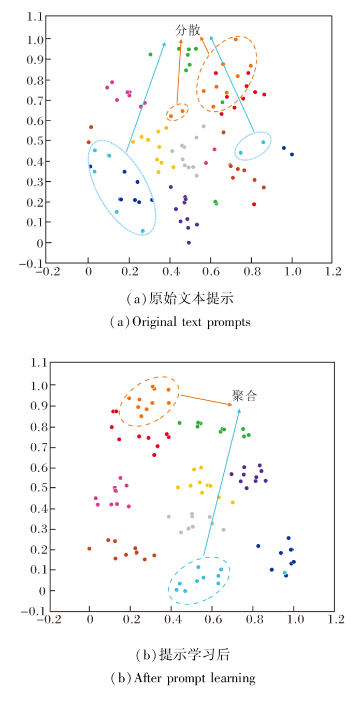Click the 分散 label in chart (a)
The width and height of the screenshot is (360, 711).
pos(188,30)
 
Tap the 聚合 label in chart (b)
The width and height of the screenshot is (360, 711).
pos(244,397)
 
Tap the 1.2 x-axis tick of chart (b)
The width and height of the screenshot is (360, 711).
pos(334,619)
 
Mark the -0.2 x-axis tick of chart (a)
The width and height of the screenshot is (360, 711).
pos(47,272)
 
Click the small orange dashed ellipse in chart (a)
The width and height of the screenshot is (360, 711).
pos(177,112)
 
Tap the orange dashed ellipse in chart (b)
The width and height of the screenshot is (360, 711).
pos(150,401)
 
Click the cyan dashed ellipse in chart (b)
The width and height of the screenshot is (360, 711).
pos(199,581)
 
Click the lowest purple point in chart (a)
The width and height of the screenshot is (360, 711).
pos(189,242)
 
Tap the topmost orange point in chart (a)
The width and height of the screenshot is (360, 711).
pos(236,39)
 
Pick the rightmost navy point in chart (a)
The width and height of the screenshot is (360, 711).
pos(292,154)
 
